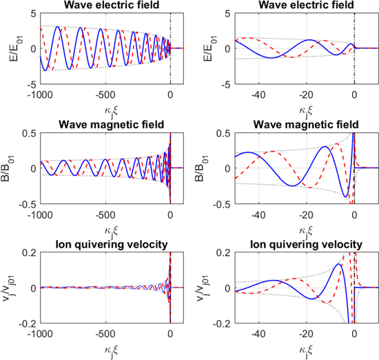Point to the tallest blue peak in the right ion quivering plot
click(338, 264)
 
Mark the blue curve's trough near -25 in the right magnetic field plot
click(292, 186)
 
